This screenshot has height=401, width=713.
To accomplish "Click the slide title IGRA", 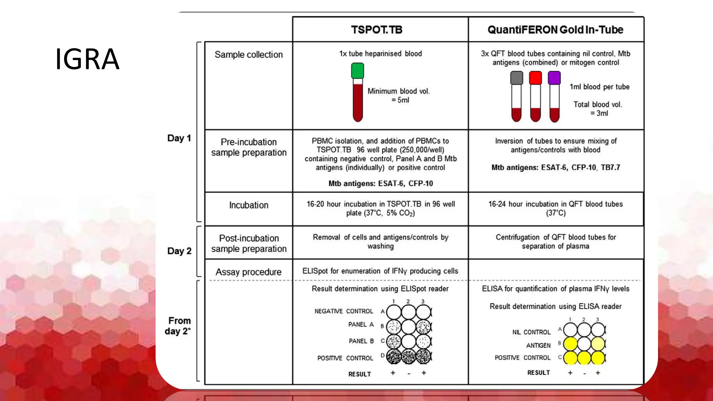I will point(87,59).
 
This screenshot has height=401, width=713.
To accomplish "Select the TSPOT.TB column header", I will point(376,30).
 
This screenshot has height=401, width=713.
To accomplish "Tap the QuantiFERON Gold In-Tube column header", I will point(555,30).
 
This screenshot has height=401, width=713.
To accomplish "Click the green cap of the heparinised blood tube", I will point(358,71).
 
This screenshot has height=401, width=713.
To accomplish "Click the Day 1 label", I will point(179,138).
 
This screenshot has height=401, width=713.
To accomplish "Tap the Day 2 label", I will point(179,251).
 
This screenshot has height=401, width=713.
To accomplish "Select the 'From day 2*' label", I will point(178,326).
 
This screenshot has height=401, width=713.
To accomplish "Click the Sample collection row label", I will point(249,55).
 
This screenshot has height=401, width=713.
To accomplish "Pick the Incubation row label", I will point(249,205).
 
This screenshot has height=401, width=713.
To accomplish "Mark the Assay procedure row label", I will point(248,272).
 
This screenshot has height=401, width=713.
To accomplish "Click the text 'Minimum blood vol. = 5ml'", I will point(399,95).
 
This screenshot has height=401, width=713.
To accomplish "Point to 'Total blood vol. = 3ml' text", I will point(598,109).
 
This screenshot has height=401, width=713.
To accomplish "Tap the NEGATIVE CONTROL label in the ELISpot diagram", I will point(344,311).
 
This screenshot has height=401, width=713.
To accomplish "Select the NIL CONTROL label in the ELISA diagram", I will point(531,332).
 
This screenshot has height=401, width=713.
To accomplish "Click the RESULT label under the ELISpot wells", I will point(360,374).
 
